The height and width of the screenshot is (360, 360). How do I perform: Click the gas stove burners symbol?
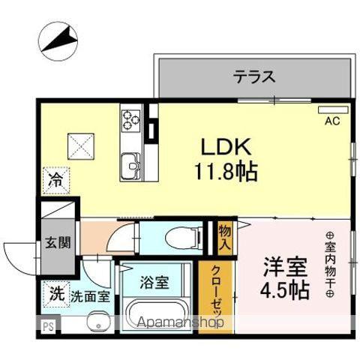click(x=131, y=118)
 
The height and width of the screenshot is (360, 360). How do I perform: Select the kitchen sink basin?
click(x=131, y=162)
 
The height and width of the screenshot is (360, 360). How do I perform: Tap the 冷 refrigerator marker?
click(x=56, y=180)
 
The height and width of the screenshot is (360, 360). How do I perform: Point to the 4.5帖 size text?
click(x=284, y=291)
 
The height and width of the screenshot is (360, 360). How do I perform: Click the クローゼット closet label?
click(x=215, y=296)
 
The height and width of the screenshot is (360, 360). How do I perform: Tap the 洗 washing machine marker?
click(x=56, y=293)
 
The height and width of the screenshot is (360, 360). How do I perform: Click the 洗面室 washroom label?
click(x=90, y=295)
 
